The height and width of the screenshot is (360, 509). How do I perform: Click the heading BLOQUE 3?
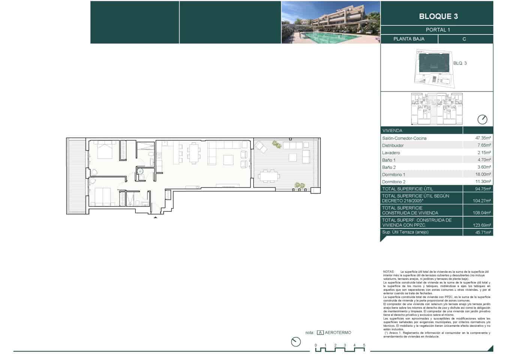pyautogui.click(x=438, y=16)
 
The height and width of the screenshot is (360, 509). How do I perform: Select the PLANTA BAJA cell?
pyautogui.click(x=409, y=39)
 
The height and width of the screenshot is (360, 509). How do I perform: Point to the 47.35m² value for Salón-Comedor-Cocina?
pyautogui.click(x=483, y=138)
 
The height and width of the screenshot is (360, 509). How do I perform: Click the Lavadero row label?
pyautogui.click(x=391, y=153)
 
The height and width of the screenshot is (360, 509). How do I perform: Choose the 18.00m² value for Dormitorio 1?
pyautogui.click(x=483, y=174)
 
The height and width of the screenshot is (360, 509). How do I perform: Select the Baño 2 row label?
pyautogui.click(x=389, y=167)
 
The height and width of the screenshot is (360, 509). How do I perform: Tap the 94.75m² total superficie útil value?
pyautogui.click(x=483, y=189)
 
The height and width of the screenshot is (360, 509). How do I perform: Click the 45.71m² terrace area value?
pyautogui.click(x=483, y=232)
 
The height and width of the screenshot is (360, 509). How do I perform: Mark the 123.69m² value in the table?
pyautogui.click(x=482, y=225)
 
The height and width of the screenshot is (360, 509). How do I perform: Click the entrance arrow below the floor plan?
pyautogui.click(x=156, y=217)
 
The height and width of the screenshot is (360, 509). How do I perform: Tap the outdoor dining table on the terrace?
pyautogui.click(x=268, y=175)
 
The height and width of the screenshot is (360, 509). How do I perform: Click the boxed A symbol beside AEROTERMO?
pyautogui.click(x=320, y=333)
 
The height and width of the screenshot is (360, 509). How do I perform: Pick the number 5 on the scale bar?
pyautogui.click(x=364, y=345)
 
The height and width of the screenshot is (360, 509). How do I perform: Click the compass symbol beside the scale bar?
pyautogui.click(x=296, y=342)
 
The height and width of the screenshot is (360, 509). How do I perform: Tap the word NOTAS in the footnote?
pyautogui.click(x=388, y=271)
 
